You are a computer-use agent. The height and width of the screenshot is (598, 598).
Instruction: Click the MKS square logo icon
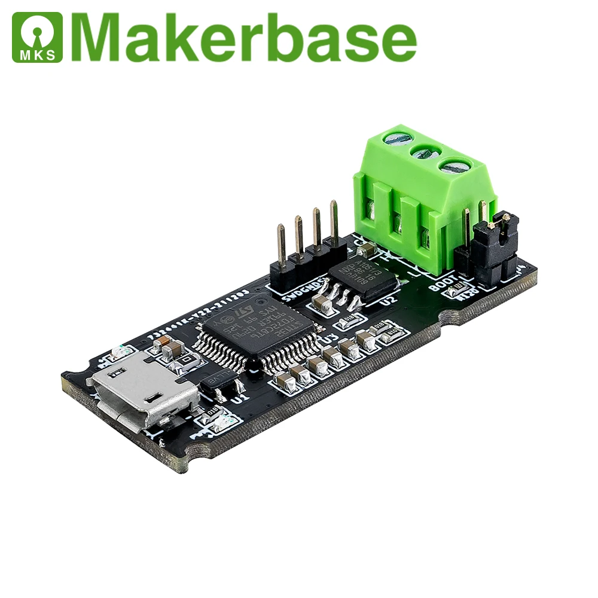(x=37, y=37)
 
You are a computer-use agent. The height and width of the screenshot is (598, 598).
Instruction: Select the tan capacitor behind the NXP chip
(x=366, y=249)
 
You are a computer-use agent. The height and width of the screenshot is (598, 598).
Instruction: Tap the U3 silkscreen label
(x=328, y=339)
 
